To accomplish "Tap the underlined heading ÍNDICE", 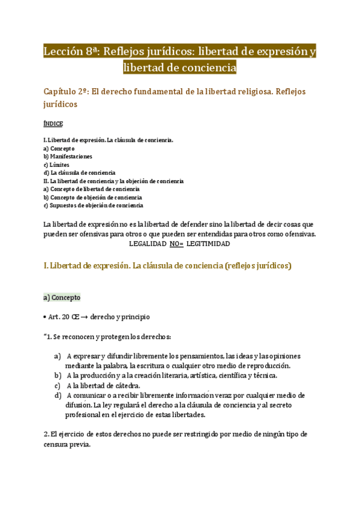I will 53,124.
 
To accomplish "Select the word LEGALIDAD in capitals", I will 148,244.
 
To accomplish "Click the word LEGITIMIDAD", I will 208,244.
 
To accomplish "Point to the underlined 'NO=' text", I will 176,244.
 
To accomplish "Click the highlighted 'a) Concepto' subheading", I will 62,297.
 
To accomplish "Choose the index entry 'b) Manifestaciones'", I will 68,156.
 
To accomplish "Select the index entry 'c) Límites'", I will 56,164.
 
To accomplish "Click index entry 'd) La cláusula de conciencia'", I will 79,173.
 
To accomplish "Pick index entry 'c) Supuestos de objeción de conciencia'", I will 93,205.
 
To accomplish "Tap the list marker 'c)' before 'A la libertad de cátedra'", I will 57,385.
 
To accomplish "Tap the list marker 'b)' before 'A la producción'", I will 57,376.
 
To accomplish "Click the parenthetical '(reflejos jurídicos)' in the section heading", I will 257,265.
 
